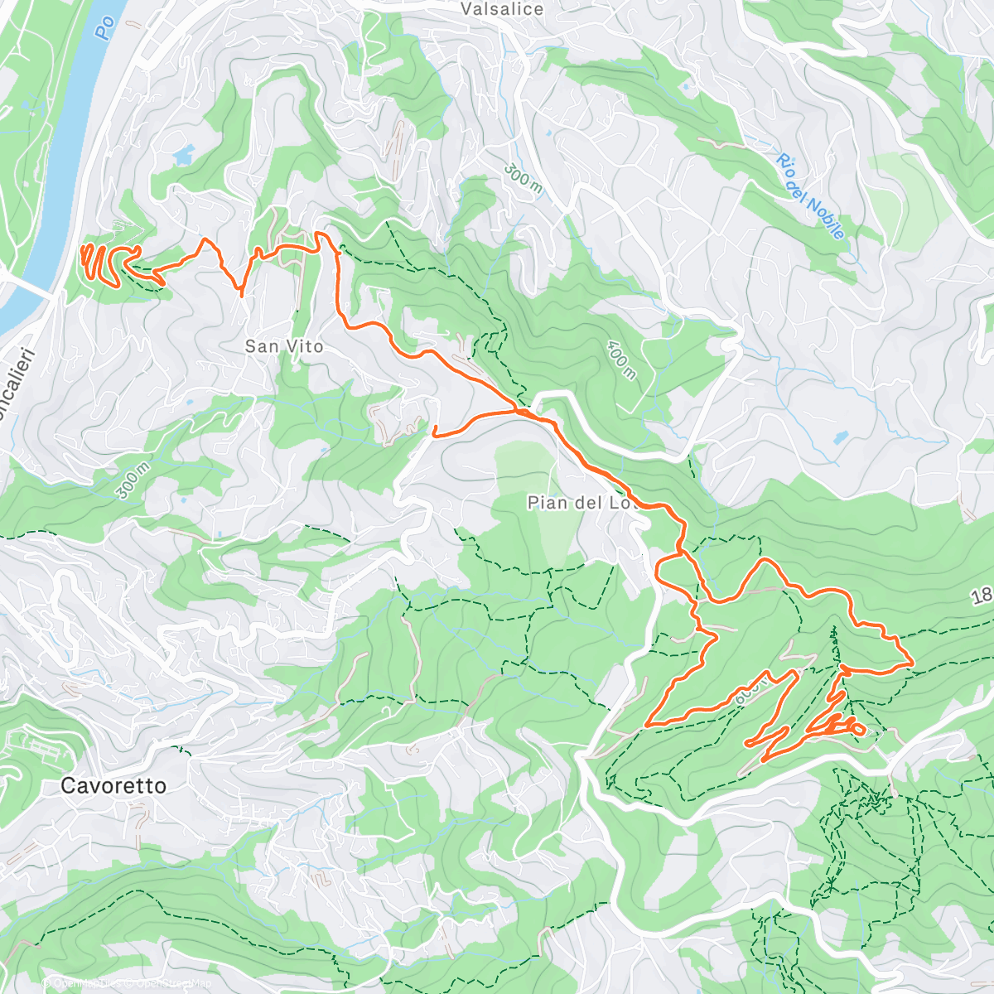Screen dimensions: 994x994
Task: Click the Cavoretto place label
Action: [x=113, y=785]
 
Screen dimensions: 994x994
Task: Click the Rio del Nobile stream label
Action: [x=812, y=196]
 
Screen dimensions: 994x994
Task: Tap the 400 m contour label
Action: [x=622, y=360]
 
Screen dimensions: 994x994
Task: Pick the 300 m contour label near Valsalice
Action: [x=524, y=178]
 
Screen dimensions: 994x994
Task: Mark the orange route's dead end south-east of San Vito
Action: [x=435, y=428]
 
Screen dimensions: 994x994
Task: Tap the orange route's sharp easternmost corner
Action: [x=912, y=663]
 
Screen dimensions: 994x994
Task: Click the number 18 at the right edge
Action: [x=981, y=596]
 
